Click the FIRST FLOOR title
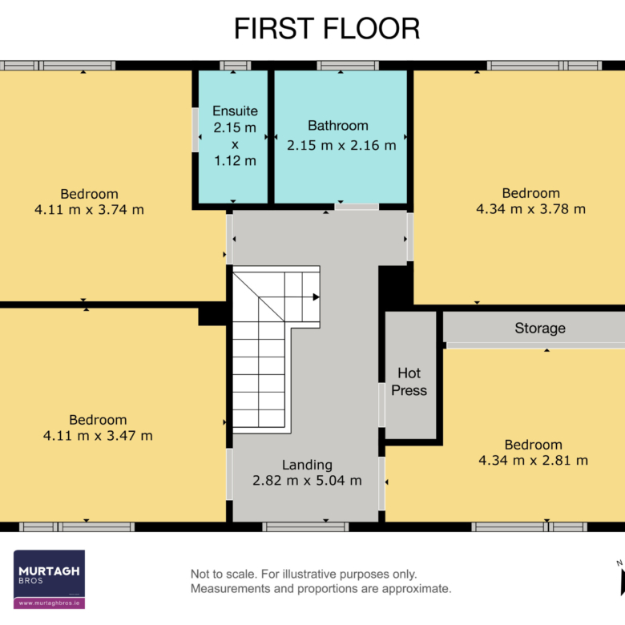coord(326,29)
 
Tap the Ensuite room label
coord(235,111)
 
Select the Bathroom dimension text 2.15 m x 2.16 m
coord(341,145)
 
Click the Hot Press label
coord(409,381)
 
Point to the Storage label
coord(540,328)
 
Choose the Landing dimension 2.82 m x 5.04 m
coord(307,480)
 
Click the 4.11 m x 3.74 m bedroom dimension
coord(89,210)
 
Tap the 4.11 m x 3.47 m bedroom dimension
coord(98,436)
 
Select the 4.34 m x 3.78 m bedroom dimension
coord(531,209)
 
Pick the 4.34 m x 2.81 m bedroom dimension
coord(534,461)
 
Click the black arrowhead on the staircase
coord(316,297)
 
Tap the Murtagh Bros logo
coord(49,579)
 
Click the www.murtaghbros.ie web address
coord(49,603)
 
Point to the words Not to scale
coord(224,574)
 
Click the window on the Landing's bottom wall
coord(305,527)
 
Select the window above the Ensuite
coord(235,66)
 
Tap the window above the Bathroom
coord(348,66)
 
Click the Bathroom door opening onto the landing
coord(357,207)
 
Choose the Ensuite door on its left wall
coord(196,130)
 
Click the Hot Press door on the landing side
coord(381,405)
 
